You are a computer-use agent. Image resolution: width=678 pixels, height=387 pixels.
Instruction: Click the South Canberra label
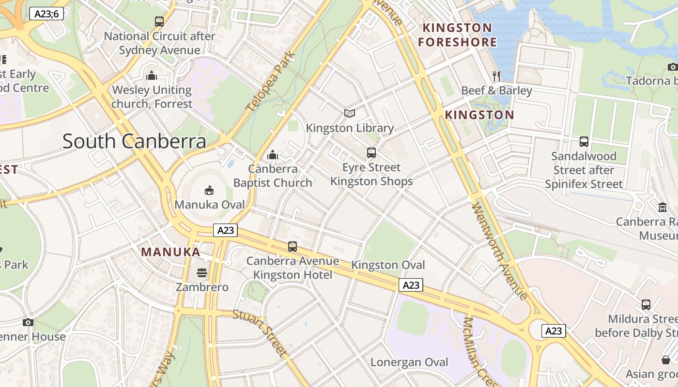click(134, 141)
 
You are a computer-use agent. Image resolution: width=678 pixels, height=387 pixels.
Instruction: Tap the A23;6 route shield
click(46, 14)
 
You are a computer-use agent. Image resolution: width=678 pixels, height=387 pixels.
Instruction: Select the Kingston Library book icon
click(350, 113)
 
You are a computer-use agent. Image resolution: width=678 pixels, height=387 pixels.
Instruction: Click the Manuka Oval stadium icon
click(209, 190)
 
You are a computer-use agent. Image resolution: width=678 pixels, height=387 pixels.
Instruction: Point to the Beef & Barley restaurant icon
click(496, 76)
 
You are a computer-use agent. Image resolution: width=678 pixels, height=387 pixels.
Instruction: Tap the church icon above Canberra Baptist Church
click(273, 155)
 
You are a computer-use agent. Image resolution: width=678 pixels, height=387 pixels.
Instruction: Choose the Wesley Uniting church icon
click(152, 75)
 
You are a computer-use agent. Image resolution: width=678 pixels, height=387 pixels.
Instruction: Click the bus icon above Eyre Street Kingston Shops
click(371, 153)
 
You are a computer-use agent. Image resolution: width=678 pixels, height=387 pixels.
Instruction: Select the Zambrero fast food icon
click(202, 273)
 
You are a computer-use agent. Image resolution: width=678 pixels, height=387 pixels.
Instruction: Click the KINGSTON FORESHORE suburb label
click(458, 35)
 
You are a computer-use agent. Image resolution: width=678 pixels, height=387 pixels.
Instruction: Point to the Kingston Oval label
click(388, 265)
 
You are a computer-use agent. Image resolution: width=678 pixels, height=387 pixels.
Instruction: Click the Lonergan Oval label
click(409, 362)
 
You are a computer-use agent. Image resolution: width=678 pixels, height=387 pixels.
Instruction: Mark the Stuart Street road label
click(260, 333)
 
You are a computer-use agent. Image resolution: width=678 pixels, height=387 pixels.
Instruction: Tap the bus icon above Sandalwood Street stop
click(584, 142)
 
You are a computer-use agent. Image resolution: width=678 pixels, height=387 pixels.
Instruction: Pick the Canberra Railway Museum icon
click(662, 208)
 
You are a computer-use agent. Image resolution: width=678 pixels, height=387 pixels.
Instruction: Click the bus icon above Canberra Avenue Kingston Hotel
click(293, 247)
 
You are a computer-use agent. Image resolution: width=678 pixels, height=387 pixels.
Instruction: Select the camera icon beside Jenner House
click(28, 322)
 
